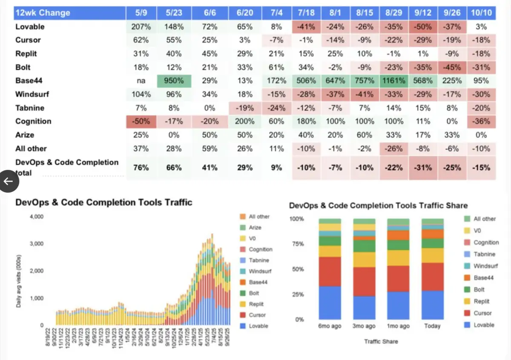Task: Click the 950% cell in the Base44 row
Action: coord(175,81)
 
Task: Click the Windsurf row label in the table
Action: coord(34,94)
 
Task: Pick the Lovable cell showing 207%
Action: coord(141,26)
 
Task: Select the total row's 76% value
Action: coord(141,168)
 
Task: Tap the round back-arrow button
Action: coord(9,181)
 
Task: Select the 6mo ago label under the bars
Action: coord(330,326)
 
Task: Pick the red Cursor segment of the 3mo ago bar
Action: coord(364,281)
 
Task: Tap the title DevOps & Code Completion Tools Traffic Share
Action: coord(378,206)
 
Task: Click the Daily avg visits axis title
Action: coord(19,281)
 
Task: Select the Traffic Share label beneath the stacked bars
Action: coord(382,341)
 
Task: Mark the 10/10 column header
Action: coord(481,13)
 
